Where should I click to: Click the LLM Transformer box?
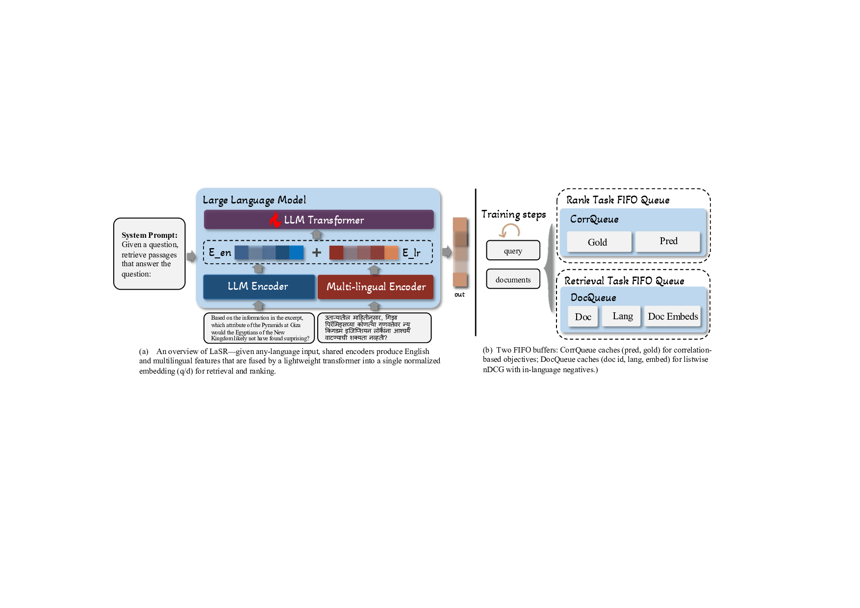319,220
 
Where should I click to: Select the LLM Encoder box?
258,286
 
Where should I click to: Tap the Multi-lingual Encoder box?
376,287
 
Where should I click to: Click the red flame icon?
276,219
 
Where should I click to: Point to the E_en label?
220,253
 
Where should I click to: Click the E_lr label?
411,253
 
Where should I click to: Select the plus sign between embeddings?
317,253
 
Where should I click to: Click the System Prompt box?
150,254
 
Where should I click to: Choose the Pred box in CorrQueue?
668,241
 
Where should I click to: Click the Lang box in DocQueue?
622,316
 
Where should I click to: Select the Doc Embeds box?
673,317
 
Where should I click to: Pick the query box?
513,251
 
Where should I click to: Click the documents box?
513,279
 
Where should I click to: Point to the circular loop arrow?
510,230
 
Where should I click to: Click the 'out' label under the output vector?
459,295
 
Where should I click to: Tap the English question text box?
259,328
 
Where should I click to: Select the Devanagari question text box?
375,328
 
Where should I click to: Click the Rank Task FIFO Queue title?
618,200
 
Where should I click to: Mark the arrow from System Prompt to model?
191,256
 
